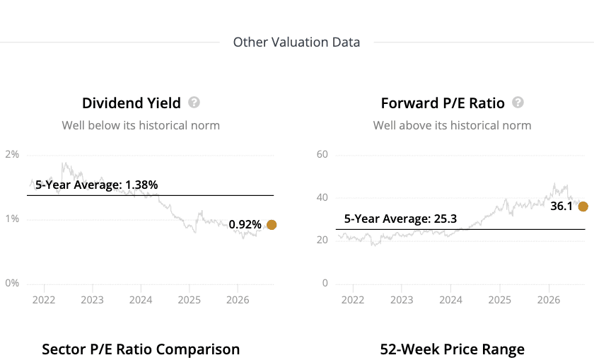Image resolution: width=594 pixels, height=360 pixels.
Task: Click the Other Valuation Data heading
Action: (296, 42)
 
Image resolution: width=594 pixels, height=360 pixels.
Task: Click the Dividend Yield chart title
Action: (132, 103)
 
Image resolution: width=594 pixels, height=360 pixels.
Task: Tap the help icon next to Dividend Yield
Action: (194, 103)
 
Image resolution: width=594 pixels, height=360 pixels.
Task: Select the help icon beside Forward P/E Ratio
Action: (518, 103)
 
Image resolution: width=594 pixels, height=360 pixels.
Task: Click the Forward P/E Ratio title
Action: (443, 103)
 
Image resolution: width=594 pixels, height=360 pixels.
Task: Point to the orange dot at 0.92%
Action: (272, 225)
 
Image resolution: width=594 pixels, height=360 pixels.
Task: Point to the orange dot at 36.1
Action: (583, 207)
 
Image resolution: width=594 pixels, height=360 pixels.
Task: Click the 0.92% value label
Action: (245, 225)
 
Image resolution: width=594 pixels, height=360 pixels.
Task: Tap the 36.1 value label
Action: (561, 206)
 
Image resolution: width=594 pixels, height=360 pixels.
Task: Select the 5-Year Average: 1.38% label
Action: (97, 185)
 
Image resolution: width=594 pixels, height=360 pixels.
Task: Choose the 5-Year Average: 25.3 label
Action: (400, 219)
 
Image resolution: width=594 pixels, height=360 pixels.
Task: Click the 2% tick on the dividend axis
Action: (12, 154)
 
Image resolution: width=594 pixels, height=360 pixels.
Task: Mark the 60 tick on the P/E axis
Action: (322, 154)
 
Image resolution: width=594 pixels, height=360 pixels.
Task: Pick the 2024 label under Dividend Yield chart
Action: (141, 300)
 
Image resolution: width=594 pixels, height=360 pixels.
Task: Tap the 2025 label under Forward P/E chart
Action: (500, 300)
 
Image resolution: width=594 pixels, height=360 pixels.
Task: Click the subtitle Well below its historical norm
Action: (141, 125)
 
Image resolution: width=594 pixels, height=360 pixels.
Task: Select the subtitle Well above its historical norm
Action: (453, 125)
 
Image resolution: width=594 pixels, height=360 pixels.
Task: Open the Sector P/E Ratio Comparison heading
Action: (141, 349)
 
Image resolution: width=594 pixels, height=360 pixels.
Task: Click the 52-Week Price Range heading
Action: (453, 349)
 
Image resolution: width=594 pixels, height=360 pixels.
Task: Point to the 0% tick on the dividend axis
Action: (12, 283)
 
